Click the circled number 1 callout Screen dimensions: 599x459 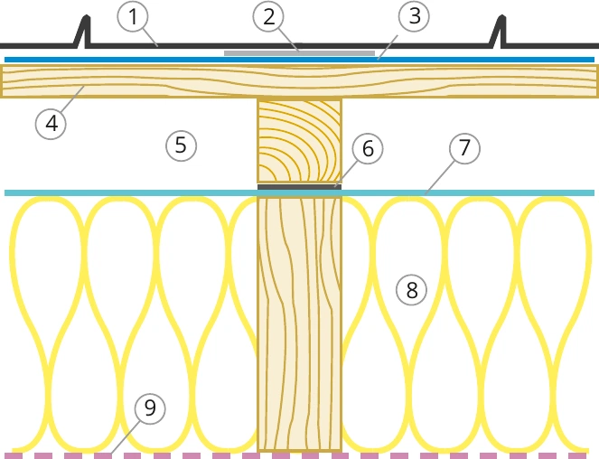click(x=133, y=17)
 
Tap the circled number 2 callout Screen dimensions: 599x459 click(x=268, y=17)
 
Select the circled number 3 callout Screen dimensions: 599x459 click(x=414, y=17)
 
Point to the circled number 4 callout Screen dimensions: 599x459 click(x=51, y=124)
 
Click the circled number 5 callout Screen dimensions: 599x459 click(x=181, y=145)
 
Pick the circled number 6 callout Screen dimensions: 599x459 click(x=367, y=148)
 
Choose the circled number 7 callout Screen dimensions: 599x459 click(x=464, y=147)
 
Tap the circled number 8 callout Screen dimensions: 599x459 click(x=411, y=290)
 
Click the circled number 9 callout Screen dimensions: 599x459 click(x=150, y=408)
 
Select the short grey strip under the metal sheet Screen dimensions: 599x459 click(x=300, y=53)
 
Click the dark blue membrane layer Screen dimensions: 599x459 click(x=300, y=60)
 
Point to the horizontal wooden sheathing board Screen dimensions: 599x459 click(x=300, y=81)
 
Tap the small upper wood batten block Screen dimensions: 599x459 click(x=300, y=141)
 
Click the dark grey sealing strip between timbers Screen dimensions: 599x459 click(x=300, y=187)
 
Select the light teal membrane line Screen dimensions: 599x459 click(x=300, y=193)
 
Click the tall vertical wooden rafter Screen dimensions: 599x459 click(x=300, y=323)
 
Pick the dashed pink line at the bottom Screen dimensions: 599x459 click(x=300, y=456)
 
